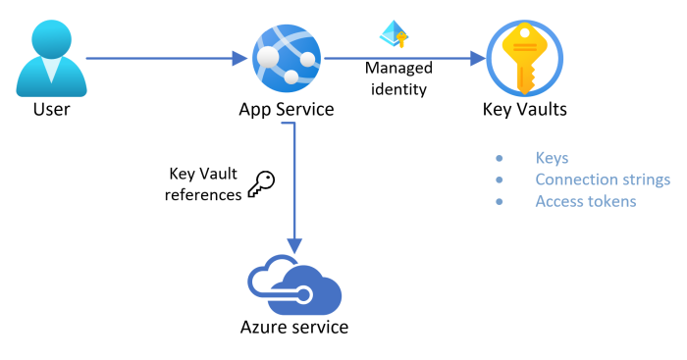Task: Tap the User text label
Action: (51, 109)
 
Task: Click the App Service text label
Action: (287, 109)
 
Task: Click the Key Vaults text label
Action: (524, 109)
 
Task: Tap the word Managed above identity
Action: (396, 69)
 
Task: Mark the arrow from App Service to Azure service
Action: (294, 186)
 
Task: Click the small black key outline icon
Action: (260, 184)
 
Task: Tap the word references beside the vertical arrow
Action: (203, 195)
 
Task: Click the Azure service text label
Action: (294, 327)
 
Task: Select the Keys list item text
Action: (552, 158)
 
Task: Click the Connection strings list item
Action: (603, 180)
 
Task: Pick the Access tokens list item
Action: (586, 201)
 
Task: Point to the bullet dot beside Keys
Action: (499, 158)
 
